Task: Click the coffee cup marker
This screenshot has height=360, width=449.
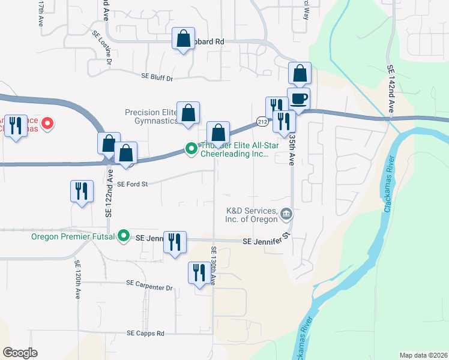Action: (x=298, y=99)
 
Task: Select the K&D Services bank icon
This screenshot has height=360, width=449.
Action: (x=286, y=214)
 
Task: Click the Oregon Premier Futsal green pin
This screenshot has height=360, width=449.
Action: (x=124, y=236)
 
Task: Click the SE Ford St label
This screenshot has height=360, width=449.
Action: (x=132, y=184)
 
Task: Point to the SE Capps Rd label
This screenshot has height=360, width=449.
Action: (x=145, y=334)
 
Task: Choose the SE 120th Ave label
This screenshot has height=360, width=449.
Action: (x=78, y=280)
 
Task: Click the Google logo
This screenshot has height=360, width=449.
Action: (x=20, y=353)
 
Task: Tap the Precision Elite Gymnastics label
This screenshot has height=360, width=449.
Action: (x=151, y=116)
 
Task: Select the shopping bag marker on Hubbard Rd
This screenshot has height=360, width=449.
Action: (x=183, y=39)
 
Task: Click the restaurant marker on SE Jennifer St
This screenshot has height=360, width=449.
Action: (x=175, y=242)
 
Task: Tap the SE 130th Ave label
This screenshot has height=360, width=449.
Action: (x=213, y=265)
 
